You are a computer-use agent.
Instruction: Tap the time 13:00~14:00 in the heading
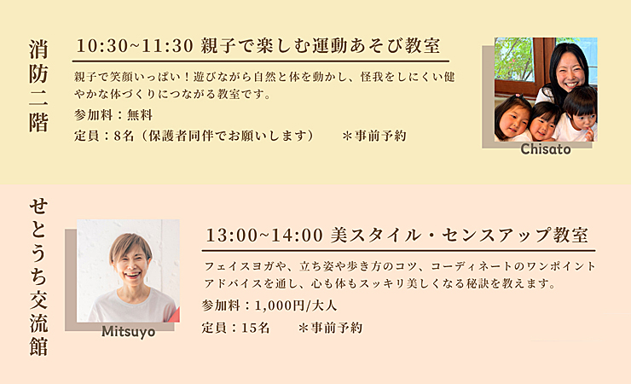(x=264, y=235)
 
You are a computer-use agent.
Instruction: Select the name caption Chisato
(x=546, y=149)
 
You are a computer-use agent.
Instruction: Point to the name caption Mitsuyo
(x=129, y=332)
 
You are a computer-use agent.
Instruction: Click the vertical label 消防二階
(x=38, y=85)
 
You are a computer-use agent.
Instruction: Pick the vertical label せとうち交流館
(x=38, y=277)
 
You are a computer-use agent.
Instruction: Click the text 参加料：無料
(x=113, y=115)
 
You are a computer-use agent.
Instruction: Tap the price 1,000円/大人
(x=296, y=305)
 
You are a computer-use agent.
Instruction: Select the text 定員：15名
(x=235, y=328)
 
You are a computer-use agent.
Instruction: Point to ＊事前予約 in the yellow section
(x=373, y=136)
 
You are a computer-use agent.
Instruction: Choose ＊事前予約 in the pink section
(x=330, y=328)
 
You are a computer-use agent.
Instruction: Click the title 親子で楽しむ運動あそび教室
(x=321, y=46)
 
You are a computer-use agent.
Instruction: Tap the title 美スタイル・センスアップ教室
(x=459, y=235)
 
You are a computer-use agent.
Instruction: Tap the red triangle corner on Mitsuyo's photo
(x=176, y=316)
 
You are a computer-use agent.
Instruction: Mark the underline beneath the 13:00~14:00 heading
(x=398, y=251)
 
